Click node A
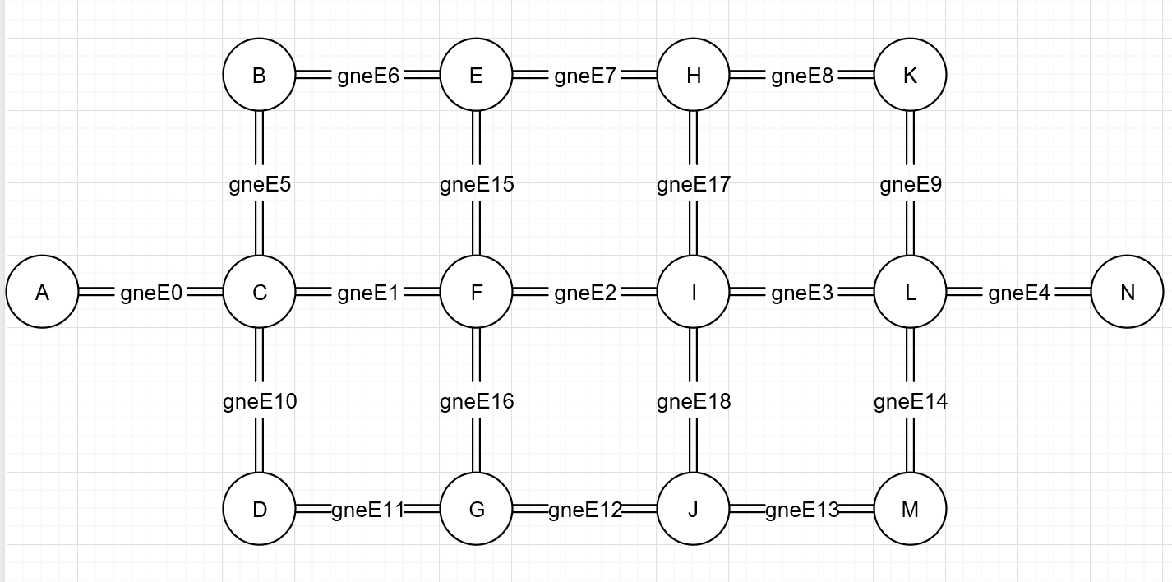pos(42,292)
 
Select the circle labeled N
pos(1127,292)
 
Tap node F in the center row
pos(476,292)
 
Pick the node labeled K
pos(910,76)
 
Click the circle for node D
pos(259,510)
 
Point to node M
pos(910,510)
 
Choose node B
pos(259,76)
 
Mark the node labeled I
pos(693,292)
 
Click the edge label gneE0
pos(150,293)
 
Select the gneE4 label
pos(1018,293)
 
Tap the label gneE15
pos(477,184)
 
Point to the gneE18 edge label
pos(693,401)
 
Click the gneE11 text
pos(367,510)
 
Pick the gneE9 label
pos(910,184)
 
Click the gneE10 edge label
pos(260,401)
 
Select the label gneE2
pos(584,293)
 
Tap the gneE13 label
pos(801,510)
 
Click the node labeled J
pos(693,510)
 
